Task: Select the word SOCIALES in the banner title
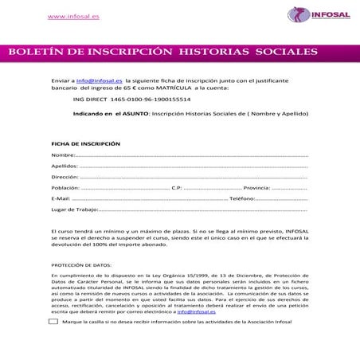[286, 53]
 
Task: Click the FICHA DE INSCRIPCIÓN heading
[85, 143]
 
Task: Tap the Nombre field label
[63, 155]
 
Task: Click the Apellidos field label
[65, 166]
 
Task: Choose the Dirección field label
[65, 177]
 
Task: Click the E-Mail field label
[61, 198]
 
